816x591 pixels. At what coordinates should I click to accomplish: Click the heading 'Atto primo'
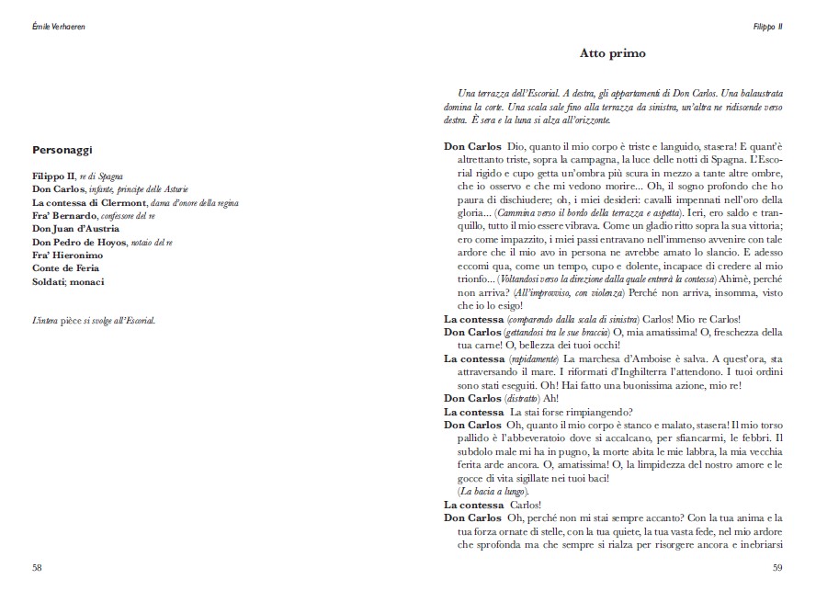[612, 53]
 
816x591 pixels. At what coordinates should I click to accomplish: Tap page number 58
[37, 567]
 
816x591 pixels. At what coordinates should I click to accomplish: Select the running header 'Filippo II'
[767, 27]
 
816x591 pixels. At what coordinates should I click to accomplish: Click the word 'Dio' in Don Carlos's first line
[514, 146]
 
